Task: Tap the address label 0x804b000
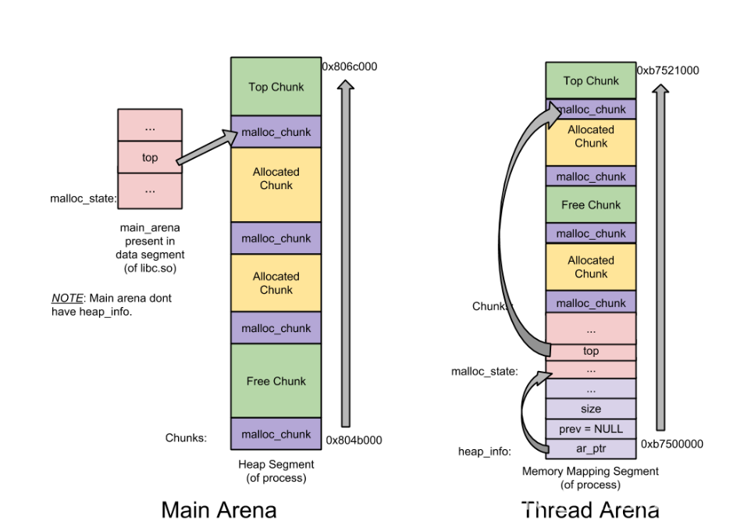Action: pos(354,440)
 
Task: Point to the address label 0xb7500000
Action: pos(672,444)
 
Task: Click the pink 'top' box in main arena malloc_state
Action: pos(150,157)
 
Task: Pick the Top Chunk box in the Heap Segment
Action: pos(276,87)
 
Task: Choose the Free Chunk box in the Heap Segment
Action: pos(276,381)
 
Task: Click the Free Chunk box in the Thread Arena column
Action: pos(591,205)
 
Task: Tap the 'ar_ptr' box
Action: pos(591,449)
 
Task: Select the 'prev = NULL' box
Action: pos(591,428)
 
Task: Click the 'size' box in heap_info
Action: pos(591,409)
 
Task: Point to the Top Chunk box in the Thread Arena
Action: pos(591,80)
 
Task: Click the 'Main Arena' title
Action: pos(219,510)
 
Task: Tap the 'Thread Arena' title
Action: pos(590,510)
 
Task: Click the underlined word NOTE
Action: pos(66,298)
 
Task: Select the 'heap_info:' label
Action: pos(484,452)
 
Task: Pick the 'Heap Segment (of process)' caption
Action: pos(276,471)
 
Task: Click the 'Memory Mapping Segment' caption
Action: pos(590,471)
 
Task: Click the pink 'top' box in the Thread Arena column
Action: pos(591,351)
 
